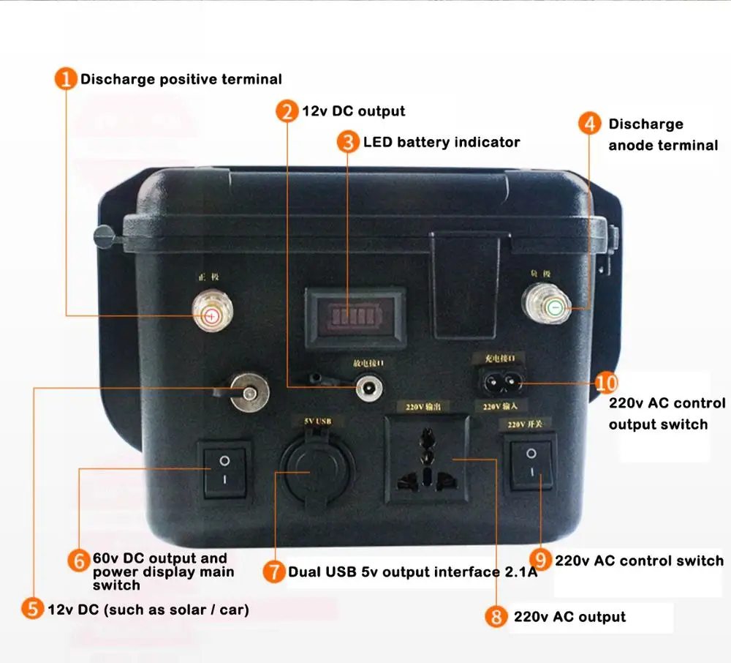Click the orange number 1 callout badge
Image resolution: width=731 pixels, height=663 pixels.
click(67, 79)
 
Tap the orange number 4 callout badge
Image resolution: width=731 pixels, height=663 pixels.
click(590, 124)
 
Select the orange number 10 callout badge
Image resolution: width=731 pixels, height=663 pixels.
click(606, 383)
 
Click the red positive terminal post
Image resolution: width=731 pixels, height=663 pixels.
click(210, 315)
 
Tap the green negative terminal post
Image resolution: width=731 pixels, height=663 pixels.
click(555, 308)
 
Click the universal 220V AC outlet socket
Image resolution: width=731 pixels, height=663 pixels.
click(428, 459)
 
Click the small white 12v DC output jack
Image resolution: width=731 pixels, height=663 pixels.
click(366, 387)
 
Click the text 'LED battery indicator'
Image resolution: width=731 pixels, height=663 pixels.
click(442, 142)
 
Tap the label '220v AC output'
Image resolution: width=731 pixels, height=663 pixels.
click(569, 617)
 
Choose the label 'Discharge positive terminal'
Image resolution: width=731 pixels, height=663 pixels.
click(181, 79)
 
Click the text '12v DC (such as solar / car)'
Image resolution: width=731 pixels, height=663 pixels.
click(148, 609)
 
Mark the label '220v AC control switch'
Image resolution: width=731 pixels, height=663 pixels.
click(639, 561)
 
